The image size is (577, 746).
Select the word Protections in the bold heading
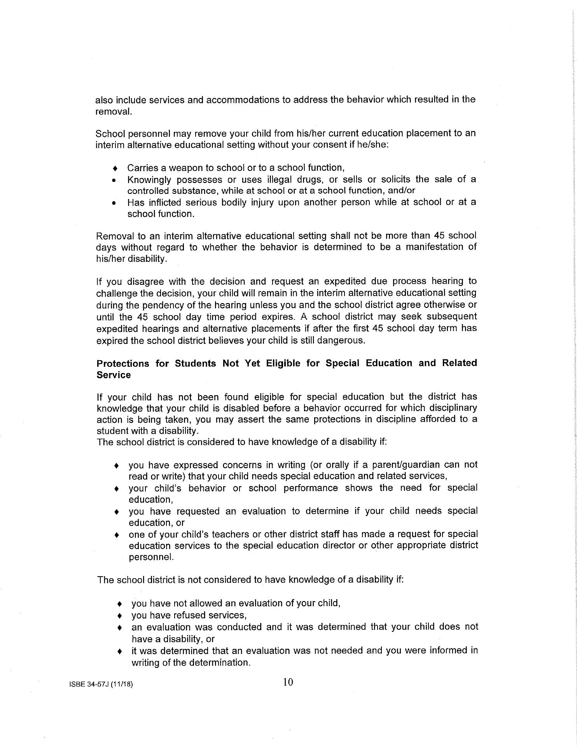tap(123, 363)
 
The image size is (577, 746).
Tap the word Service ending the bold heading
tap(114, 375)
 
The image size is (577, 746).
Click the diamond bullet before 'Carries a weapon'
tap(114, 168)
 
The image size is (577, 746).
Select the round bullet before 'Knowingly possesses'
tap(114, 180)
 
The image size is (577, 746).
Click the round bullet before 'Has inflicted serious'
tap(114, 203)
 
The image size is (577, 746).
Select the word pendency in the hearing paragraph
tap(152, 305)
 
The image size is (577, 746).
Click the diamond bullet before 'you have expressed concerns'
tap(116, 466)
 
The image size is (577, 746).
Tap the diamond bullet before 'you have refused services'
tap(120, 616)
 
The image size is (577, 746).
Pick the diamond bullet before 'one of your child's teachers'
tap(116, 535)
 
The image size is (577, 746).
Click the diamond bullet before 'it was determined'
tap(120, 651)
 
